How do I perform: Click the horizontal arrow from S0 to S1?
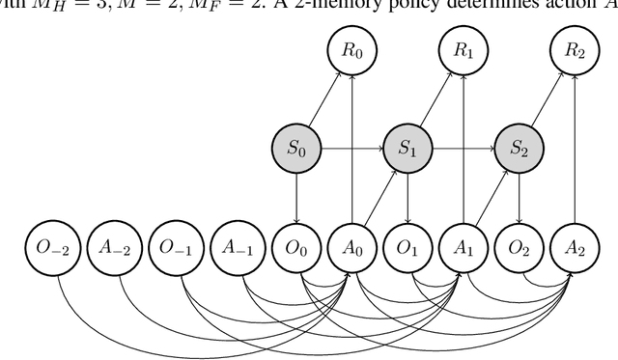pos(351,150)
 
